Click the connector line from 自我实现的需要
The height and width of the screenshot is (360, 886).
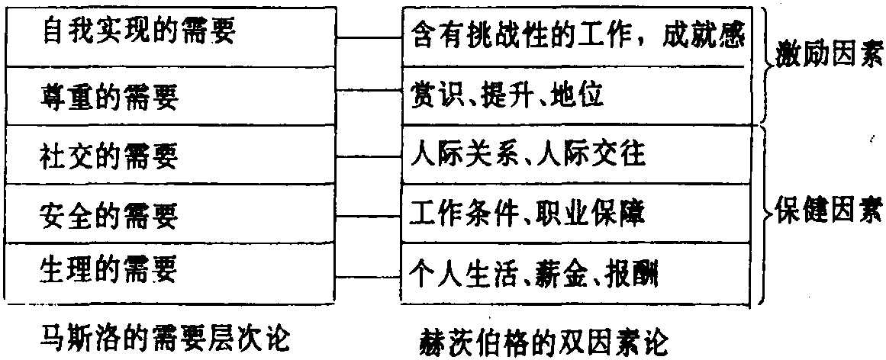(x=370, y=37)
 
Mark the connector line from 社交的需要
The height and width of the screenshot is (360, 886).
(x=370, y=156)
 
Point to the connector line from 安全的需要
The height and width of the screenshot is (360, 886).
(x=370, y=214)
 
